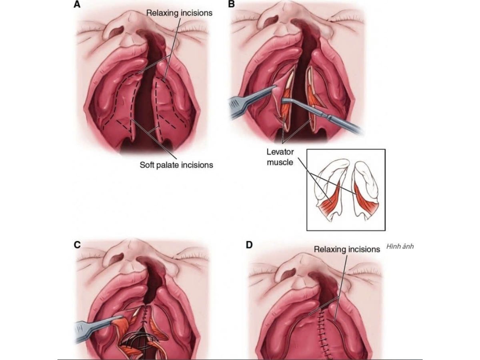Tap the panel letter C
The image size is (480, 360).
tap(77, 245)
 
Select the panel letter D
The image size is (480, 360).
tap(249, 244)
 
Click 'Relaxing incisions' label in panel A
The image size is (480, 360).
tap(179, 13)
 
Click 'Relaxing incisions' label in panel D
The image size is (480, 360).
tap(347, 249)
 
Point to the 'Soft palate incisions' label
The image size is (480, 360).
tap(176, 164)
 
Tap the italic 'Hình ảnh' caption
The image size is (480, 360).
tap(400, 246)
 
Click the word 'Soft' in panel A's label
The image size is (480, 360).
tap(148, 164)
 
